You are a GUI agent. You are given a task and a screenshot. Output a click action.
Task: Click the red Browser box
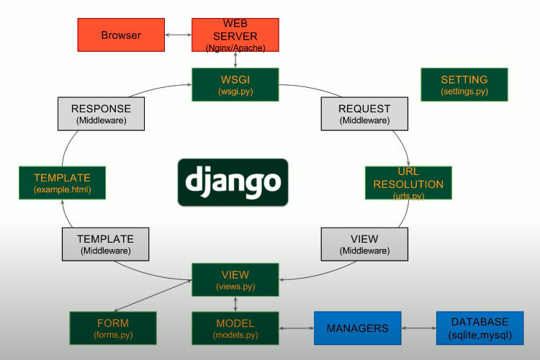[120, 35]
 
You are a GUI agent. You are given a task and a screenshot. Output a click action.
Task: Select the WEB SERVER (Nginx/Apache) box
[235, 35]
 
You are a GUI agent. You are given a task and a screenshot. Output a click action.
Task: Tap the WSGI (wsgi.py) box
[235, 84]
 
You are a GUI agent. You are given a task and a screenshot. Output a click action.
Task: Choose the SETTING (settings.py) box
[464, 85]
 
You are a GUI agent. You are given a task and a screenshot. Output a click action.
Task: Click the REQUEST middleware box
[364, 114]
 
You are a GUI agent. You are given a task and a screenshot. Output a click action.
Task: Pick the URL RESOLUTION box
[408, 184]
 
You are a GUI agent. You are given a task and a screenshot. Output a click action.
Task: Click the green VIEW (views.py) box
[235, 280]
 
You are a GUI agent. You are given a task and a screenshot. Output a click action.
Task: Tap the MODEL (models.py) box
[235, 328]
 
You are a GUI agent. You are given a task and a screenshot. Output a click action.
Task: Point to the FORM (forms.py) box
[112, 328]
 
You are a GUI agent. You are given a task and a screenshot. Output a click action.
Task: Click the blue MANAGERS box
[357, 328]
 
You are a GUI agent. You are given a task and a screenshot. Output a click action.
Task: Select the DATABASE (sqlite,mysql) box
[480, 328]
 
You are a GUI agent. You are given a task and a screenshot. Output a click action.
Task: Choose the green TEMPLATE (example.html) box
[62, 184]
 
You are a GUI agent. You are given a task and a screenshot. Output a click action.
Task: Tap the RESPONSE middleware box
[101, 114]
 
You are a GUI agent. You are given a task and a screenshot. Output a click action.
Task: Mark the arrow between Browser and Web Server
[177, 35]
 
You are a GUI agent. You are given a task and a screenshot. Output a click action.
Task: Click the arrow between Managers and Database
[418, 328]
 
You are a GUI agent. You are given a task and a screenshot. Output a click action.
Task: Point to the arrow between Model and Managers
[296, 328]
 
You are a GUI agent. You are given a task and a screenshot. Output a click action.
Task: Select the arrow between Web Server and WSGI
[235, 60]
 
